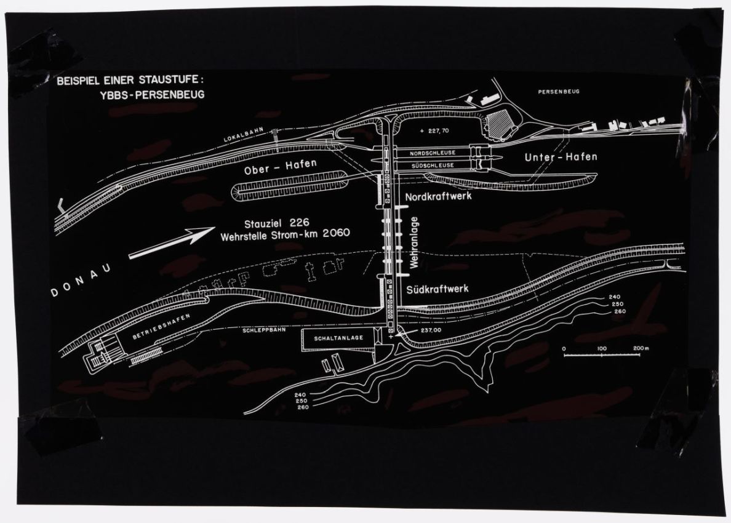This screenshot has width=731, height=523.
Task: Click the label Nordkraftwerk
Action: point(438,196)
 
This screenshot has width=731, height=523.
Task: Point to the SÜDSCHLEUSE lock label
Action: point(432,166)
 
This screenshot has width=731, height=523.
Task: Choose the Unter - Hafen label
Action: point(560,158)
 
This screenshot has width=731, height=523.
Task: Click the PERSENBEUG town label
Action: point(558,91)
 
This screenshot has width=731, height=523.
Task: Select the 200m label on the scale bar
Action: point(641,348)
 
